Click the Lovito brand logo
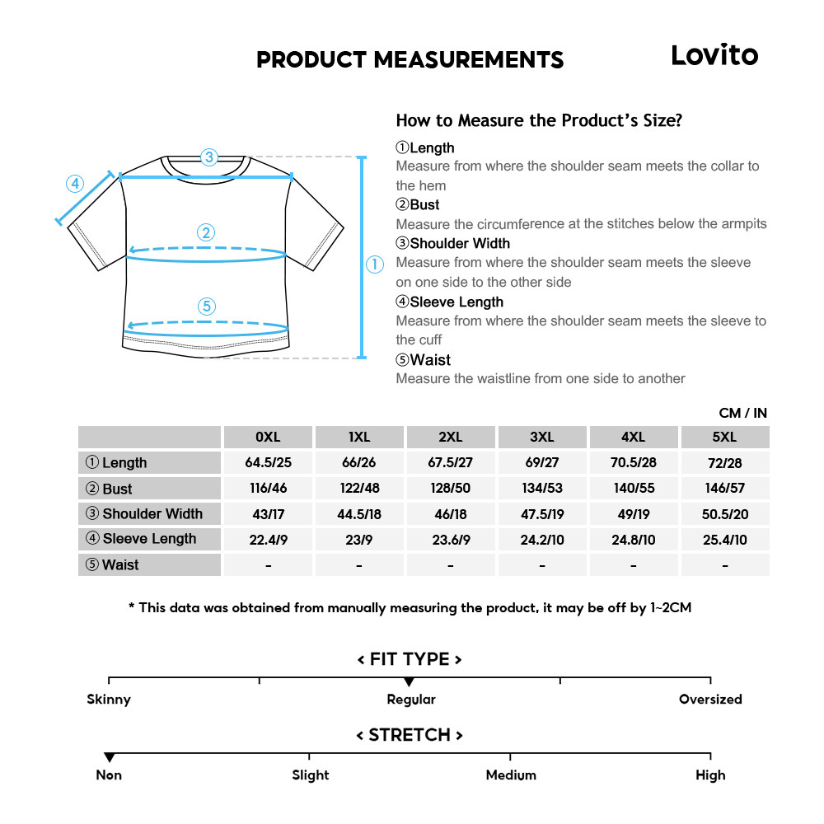point(714,55)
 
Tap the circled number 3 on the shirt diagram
point(208,157)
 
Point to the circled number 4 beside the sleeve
point(75,183)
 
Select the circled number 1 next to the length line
point(375,265)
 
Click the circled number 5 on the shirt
point(207,307)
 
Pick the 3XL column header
point(541,437)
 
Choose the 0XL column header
point(268,437)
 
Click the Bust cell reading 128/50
point(450,488)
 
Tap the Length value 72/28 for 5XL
point(724,462)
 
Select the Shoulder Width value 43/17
point(268,513)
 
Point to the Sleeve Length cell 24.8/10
point(633,539)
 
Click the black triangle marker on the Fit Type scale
point(409,681)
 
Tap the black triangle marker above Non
point(109,757)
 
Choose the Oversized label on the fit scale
point(710,700)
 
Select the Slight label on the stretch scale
point(311,775)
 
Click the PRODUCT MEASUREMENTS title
point(410,60)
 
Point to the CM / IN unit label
point(742,413)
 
